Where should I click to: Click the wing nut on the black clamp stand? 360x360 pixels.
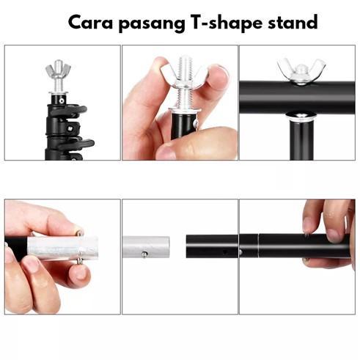pyautogui.click(x=59, y=71)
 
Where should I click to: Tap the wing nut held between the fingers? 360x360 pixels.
pyautogui.click(x=182, y=74)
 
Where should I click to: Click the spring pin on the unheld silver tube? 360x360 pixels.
pyautogui.click(x=144, y=254)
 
